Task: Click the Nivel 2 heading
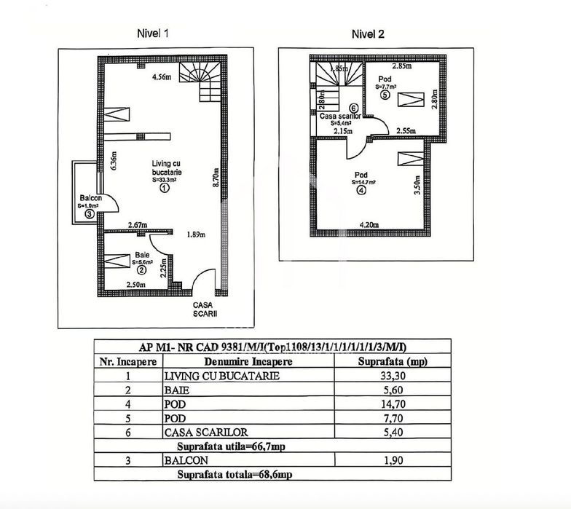click(x=368, y=33)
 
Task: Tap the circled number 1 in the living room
click(x=165, y=187)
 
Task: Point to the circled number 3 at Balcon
click(x=89, y=214)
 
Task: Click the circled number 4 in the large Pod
click(x=362, y=192)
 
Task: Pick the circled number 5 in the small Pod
click(x=385, y=94)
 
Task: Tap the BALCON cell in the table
click(x=186, y=460)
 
